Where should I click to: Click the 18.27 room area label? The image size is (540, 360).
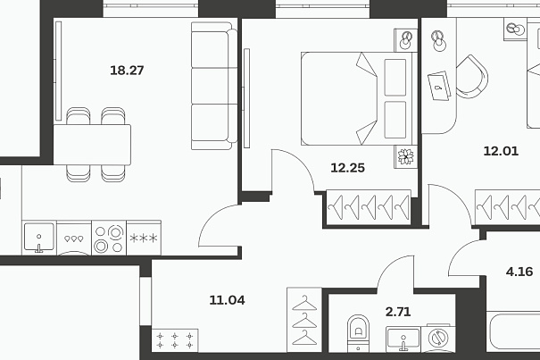[x=127, y=71]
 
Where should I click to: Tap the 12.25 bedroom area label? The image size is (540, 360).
[x=347, y=168]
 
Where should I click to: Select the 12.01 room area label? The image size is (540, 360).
[x=501, y=151]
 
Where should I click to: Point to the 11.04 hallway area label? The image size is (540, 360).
[x=228, y=300]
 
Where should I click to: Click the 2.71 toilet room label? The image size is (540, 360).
[x=398, y=312]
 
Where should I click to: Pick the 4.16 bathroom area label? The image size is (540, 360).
[x=519, y=272]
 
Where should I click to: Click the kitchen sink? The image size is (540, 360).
[x=39, y=238]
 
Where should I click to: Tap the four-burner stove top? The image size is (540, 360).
[x=109, y=238]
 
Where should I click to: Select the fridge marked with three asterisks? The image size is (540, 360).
[x=144, y=238]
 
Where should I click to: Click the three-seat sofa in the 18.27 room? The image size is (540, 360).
[x=214, y=86]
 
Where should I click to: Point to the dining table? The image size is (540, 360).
[x=92, y=145]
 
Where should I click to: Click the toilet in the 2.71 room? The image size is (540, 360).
[x=358, y=333]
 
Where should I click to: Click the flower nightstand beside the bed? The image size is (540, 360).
[x=406, y=156]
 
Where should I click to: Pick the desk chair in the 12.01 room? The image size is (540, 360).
[x=472, y=77]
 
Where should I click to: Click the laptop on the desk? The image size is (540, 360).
[x=439, y=86]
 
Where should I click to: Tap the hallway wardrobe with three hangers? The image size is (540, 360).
[x=304, y=320]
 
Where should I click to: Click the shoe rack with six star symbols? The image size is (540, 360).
[x=175, y=340]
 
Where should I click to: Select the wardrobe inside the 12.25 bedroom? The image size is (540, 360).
[x=369, y=207]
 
